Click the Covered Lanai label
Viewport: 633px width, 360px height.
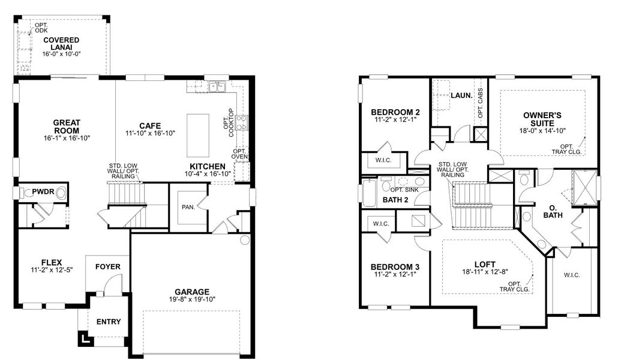tap(61, 44)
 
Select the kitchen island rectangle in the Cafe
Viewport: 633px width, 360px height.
tap(198, 135)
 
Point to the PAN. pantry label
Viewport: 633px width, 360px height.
tap(187, 207)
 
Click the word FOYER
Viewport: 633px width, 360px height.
tap(107, 267)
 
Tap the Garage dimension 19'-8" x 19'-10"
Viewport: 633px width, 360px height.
tap(192, 299)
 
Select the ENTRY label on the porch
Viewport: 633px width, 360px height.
tap(109, 322)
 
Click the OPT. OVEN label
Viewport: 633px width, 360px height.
tap(239, 154)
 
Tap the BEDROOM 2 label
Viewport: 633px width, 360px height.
tap(395, 112)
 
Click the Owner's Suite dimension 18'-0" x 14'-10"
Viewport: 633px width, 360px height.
tap(542, 130)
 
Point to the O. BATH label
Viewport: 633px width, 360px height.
tap(552, 212)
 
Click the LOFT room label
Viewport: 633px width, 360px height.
tap(484, 263)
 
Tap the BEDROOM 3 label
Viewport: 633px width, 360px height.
tap(394, 266)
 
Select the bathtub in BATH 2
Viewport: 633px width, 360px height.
tap(367, 194)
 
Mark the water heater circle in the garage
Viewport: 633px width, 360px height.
tap(244, 241)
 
